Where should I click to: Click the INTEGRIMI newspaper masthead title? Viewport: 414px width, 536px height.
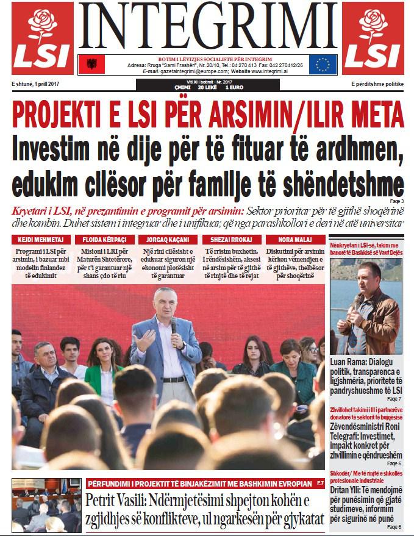[207, 27]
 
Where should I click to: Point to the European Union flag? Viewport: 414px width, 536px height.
[323, 64]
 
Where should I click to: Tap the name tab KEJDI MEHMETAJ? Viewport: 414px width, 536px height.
[41, 240]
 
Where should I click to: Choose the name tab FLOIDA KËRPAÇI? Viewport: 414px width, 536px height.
[104, 240]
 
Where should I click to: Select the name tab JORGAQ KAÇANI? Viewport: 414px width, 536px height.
[167, 240]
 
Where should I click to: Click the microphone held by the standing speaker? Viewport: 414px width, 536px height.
[173, 325]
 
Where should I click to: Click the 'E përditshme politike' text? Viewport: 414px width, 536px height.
[377, 84]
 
